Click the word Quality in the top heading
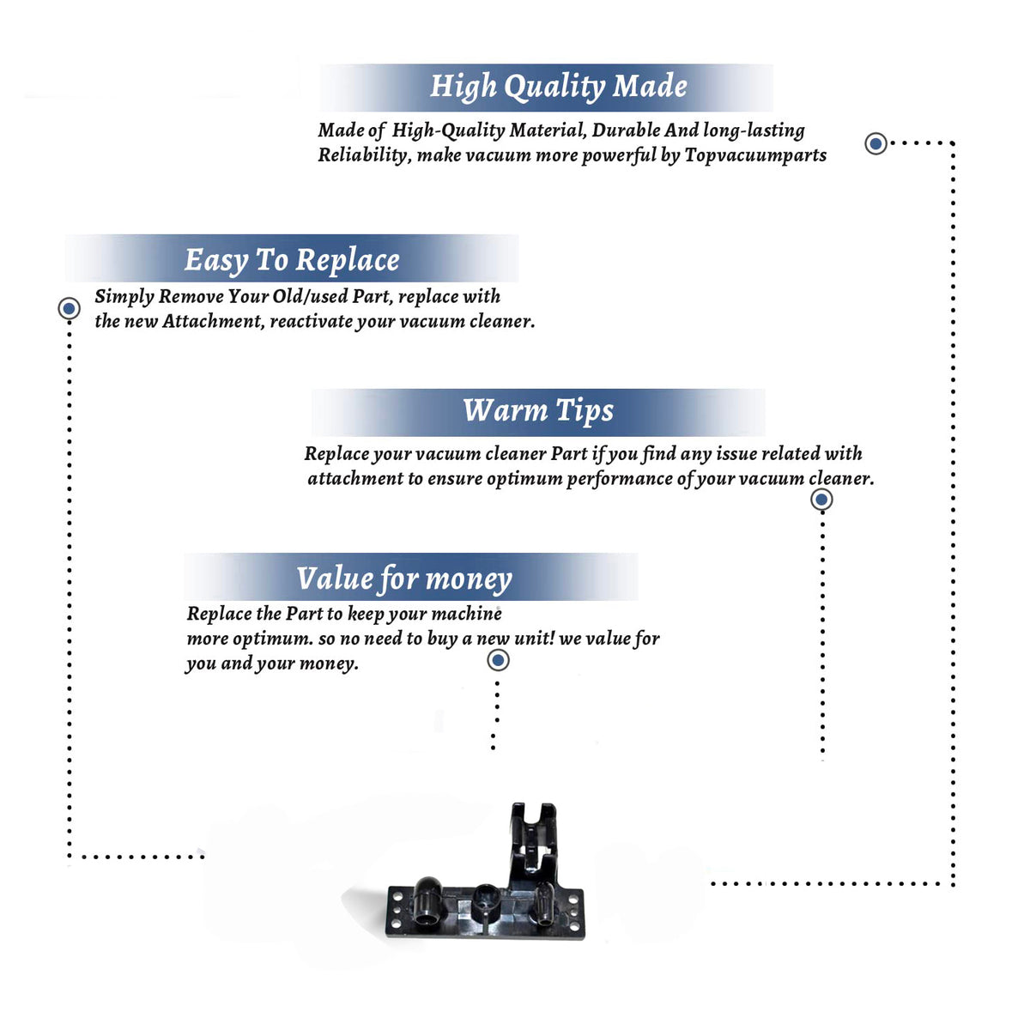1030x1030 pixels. point(554,87)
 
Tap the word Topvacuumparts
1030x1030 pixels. point(755,155)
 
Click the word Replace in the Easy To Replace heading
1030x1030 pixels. point(348,261)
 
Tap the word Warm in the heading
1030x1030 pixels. point(506,410)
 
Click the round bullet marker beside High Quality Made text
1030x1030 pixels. point(875,143)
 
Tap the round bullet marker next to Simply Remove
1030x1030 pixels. point(69,308)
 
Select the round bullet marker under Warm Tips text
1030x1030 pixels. point(821,500)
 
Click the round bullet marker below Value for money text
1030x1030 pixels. point(498,661)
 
